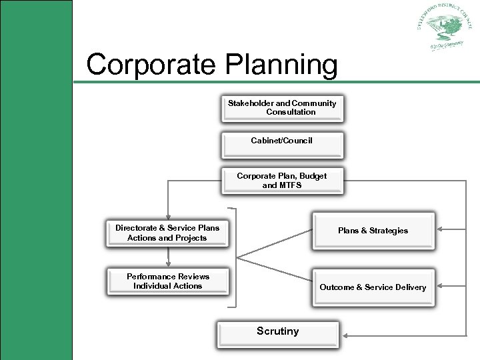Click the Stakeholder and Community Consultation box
pyautogui.click(x=282, y=108)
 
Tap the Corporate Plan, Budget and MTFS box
pyautogui.click(x=282, y=180)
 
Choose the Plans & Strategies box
pyautogui.click(x=373, y=231)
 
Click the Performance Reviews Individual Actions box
pyautogui.click(x=167, y=281)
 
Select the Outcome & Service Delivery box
pyautogui.click(x=373, y=287)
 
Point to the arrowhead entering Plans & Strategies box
pyautogui.click(x=439, y=231)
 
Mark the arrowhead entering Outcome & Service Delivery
pyautogui.click(x=439, y=287)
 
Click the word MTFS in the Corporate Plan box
pyautogui.click(x=291, y=185)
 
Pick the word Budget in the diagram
pyautogui.click(x=313, y=176)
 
